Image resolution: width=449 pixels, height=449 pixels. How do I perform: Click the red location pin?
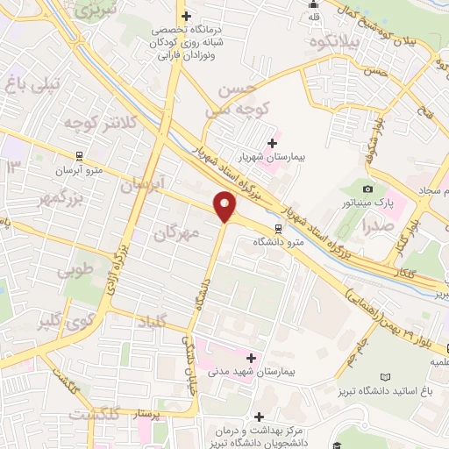225,206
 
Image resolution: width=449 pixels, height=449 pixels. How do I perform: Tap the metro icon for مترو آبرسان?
80,156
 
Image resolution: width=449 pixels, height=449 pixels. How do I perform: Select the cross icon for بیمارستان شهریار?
272,142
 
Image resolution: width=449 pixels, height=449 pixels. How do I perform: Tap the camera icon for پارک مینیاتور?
367,189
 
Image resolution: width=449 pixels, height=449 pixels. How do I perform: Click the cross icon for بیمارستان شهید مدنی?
252,357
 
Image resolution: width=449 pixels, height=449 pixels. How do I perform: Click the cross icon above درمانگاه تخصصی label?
185,15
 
